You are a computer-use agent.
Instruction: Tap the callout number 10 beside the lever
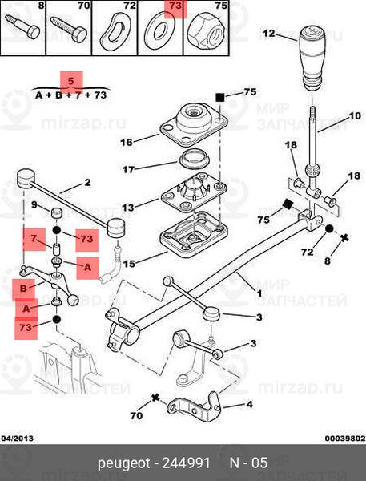click(x=355, y=116)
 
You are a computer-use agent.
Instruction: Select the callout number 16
click(x=127, y=143)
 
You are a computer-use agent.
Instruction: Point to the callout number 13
click(x=128, y=208)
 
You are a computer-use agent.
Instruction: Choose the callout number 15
click(x=129, y=264)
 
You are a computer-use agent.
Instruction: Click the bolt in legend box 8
click(x=23, y=26)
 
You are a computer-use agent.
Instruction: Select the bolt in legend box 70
click(x=69, y=27)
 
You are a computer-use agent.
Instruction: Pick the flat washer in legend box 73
click(x=159, y=30)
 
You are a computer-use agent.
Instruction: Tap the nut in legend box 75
click(x=207, y=30)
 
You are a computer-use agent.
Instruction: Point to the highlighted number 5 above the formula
click(x=71, y=82)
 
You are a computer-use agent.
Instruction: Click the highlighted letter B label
click(x=23, y=289)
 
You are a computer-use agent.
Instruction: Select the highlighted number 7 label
click(x=34, y=239)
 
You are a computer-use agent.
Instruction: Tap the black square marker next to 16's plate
click(x=219, y=98)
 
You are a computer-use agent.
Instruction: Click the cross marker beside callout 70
click(x=155, y=398)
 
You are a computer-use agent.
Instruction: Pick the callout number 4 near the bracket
click(x=250, y=404)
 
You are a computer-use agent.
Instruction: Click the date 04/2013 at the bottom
click(x=17, y=438)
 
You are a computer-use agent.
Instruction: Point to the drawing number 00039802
click(x=345, y=438)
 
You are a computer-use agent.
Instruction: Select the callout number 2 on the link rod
click(x=87, y=183)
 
